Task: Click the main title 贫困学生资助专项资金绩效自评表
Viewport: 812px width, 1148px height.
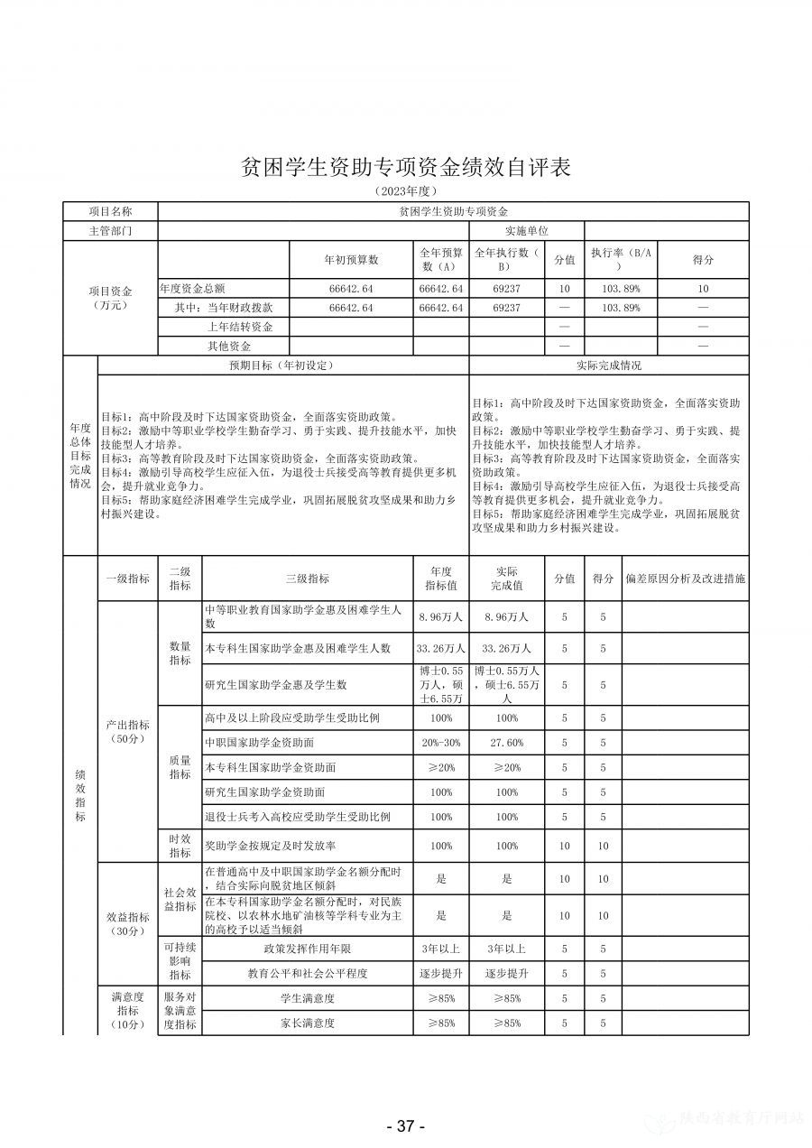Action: click(x=405, y=168)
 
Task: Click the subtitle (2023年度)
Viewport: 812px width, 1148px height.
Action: click(x=405, y=191)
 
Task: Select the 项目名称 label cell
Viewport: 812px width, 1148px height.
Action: click(x=110, y=210)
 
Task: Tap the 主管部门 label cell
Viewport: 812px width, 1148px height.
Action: click(x=110, y=230)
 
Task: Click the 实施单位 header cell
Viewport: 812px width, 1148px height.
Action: click(x=526, y=230)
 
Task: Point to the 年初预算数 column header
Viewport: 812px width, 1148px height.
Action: click(x=351, y=260)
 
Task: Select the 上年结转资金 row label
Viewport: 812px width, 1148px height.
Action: click(x=240, y=327)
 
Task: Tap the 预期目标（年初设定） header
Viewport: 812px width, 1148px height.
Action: click(x=281, y=366)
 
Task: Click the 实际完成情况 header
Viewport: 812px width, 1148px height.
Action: click(x=608, y=366)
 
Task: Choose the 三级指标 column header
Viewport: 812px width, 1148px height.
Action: click(x=307, y=579)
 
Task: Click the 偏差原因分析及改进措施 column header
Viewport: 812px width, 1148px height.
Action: click(x=685, y=579)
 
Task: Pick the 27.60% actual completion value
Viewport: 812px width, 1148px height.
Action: click(x=509, y=743)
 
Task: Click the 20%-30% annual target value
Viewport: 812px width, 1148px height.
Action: click(x=441, y=743)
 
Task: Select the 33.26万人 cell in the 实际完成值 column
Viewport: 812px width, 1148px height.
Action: click(x=509, y=648)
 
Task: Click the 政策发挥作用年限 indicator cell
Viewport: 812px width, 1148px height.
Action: click(x=307, y=949)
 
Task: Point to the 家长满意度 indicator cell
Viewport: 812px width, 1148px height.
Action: click(x=307, y=1023)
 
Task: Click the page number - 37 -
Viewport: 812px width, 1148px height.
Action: click(x=405, y=1125)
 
